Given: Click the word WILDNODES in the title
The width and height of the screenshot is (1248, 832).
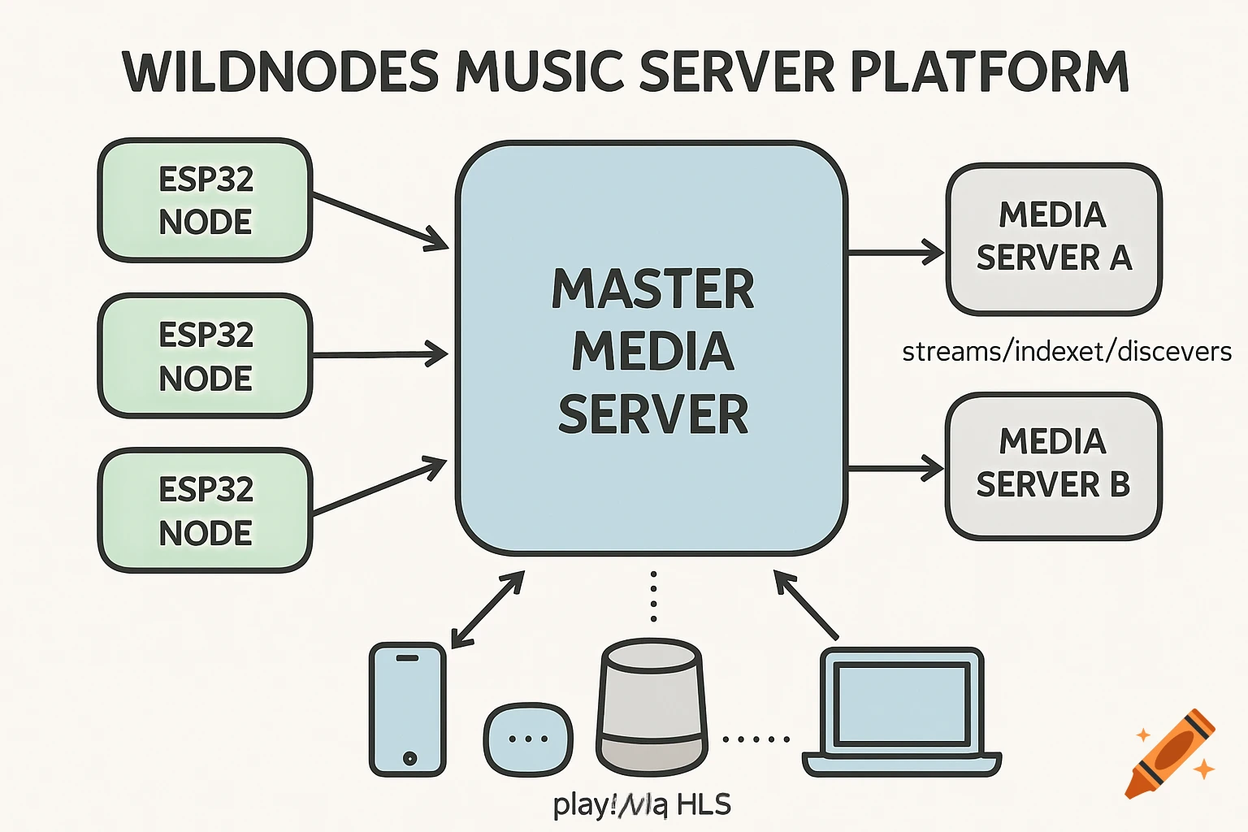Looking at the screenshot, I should pyautogui.click(x=280, y=71).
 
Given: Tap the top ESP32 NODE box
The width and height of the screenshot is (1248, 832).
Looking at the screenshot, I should pyautogui.click(x=205, y=200).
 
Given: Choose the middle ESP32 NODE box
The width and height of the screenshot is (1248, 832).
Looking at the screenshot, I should pyautogui.click(x=205, y=356).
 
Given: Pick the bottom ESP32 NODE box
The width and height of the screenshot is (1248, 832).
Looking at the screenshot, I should pyautogui.click(x=205, y=511).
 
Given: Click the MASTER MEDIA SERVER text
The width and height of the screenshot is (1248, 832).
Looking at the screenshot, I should pyautogui.click(x=652, y=351).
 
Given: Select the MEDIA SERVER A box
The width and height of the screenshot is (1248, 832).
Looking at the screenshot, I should pyautogui.click(x=1054, y=238).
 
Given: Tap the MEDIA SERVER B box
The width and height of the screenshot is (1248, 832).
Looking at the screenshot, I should pyautogui.click(x=1054, y=465).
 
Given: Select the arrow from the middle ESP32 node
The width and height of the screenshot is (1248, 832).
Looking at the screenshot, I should pyautogui.click(x=380, y=355).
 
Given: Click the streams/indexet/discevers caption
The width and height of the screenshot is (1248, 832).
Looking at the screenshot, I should pyautogui.click(x=1067, y=352).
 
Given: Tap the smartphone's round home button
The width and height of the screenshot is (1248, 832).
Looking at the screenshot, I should pyautogui.click(x=409, y=758).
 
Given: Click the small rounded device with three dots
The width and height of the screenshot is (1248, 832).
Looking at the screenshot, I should pyautogui.click(x=528, y=739).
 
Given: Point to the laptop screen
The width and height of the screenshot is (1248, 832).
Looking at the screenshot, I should pyautogui.click(x=903, y=704).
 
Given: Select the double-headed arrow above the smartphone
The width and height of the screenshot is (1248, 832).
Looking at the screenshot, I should pyautogui.click(x=488, y=609).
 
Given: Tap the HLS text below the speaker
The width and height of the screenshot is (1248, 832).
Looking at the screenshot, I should pyautogui.click(x=704, y=804).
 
